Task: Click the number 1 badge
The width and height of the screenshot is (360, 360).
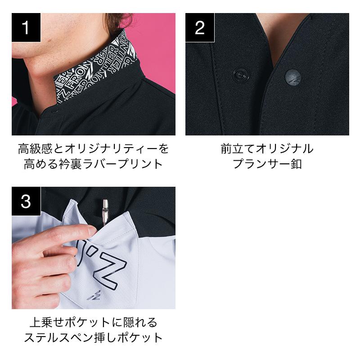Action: pos(26,27)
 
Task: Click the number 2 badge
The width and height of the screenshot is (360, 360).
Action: pos(200,27)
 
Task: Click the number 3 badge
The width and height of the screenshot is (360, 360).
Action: pos(26,201)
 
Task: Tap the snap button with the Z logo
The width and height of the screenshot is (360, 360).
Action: pos(293,77)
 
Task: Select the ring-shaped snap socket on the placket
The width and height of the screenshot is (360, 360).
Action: pos(240,75)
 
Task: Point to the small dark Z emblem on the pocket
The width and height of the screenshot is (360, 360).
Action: pos(94,296)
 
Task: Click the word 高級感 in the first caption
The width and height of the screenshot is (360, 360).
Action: pos(36,148)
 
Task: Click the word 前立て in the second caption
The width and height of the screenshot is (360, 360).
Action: pos(238,148)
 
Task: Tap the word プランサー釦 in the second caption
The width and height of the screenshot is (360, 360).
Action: pos(267,164)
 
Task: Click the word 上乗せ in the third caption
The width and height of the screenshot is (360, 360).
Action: pos(47,322)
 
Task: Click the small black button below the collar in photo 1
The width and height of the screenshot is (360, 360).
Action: pos(54,112)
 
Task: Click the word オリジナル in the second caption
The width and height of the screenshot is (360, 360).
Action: pos(284,148)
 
